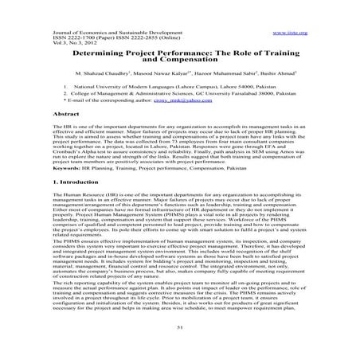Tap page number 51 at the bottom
[180, 327]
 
